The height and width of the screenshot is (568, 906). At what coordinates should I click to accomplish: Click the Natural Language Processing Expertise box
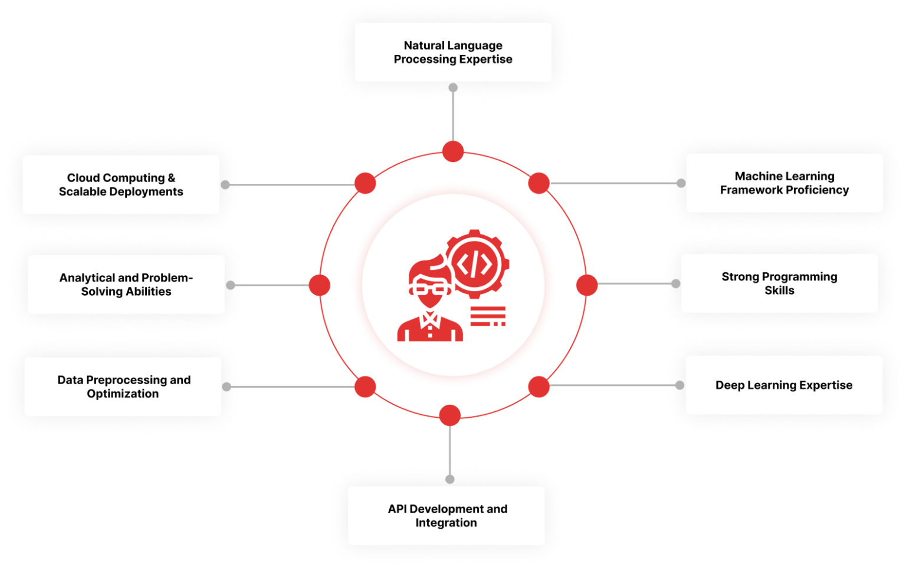coord(453,52)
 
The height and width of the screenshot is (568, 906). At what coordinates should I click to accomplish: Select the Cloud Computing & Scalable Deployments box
coord(121,184)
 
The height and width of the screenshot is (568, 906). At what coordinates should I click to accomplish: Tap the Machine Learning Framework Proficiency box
coord(784,183)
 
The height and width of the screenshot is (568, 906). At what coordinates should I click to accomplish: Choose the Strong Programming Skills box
coord(779,283)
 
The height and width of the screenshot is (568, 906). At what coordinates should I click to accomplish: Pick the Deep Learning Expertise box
coord(783,385)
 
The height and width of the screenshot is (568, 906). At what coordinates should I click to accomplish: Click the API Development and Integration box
coord(447,516)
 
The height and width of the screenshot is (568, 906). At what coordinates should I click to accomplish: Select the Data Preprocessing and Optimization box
coord(123,387)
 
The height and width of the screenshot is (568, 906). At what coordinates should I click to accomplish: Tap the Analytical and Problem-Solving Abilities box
coord(126,285)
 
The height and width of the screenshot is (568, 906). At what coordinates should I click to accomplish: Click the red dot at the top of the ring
coord(453,151)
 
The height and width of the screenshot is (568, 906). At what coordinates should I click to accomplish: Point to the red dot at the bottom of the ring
coord(450,415)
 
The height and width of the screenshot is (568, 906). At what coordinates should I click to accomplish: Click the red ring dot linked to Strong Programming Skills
coord(586,285)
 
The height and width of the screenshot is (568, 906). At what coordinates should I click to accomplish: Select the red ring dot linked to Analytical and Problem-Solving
coord(320,285)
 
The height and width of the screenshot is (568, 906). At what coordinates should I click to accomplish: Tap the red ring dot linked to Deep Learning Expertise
coord(539,387)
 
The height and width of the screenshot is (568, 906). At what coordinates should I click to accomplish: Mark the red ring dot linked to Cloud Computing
coord(365,183)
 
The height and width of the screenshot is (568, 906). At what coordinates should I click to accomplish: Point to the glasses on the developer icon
coord(429,289)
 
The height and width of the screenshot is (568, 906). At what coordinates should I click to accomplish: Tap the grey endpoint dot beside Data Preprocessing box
coord(227,387)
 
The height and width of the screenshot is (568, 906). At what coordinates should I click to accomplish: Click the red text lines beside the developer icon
coord(488,316)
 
